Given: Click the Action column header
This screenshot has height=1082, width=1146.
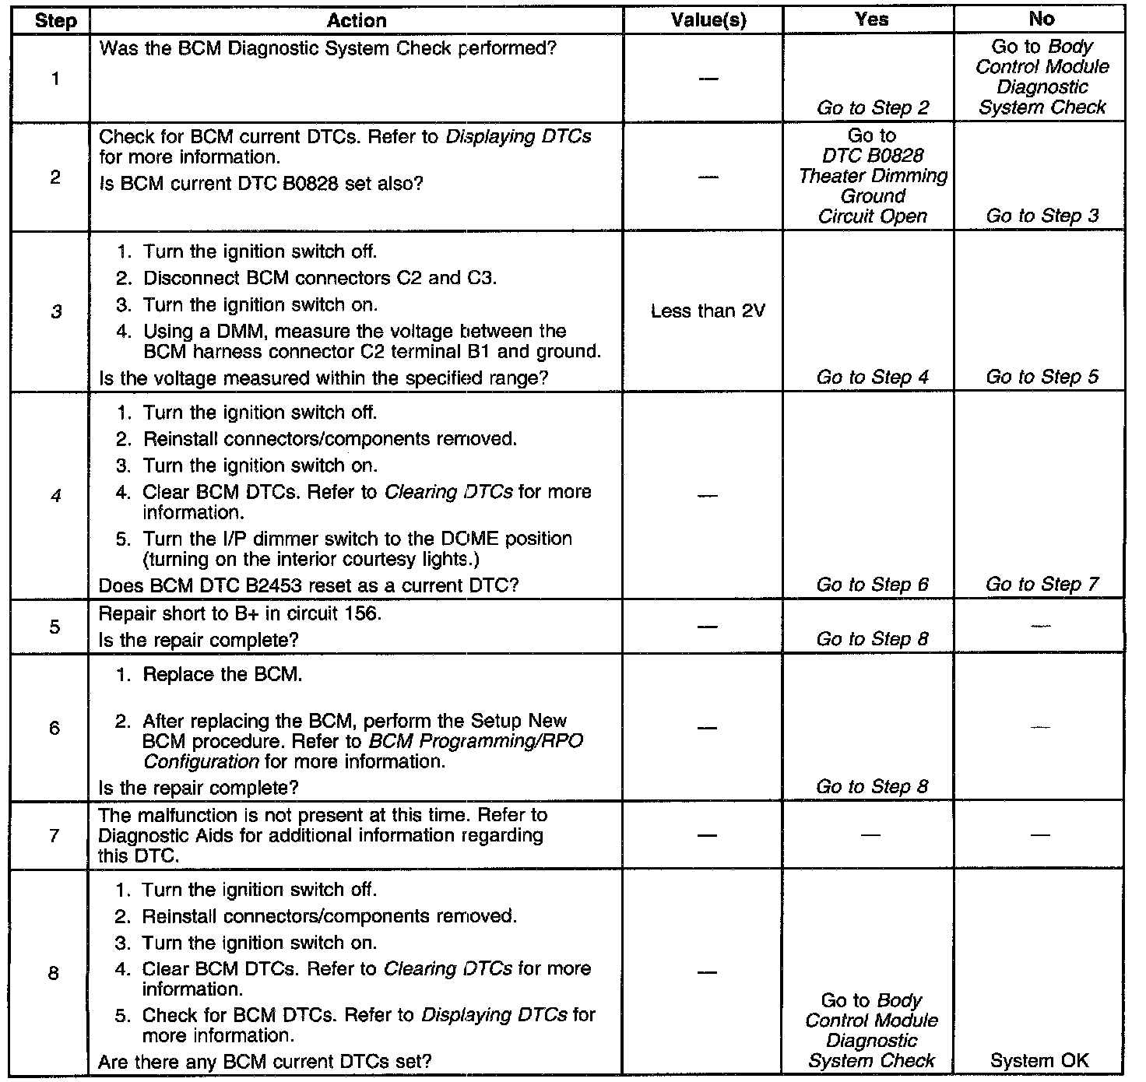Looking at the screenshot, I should click(x=357, y=21).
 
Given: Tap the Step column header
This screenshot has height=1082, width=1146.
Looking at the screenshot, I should click(x=56, y=21).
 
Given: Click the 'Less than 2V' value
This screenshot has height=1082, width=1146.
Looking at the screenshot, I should click(x=708, y=311).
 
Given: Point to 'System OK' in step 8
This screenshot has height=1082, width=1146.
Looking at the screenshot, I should click(x=1039, y=1060).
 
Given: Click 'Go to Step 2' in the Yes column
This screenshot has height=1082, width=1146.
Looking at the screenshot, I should click(x=872, y=108).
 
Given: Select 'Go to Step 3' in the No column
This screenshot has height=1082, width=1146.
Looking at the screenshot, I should click(x=1042, y=216).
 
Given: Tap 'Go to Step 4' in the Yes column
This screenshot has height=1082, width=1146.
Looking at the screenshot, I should click(x=872, y=378).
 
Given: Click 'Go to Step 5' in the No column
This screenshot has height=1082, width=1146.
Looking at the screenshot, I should click(x=1042, y=378).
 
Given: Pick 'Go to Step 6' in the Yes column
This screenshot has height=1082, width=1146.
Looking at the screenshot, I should click(x=872, y=585).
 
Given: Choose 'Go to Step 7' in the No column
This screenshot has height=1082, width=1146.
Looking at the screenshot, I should click(x=1042, y=585).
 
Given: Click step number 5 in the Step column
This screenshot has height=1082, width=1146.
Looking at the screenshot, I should click(x=54, y=627).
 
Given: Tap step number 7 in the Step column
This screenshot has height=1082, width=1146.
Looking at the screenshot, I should click(x=54, y=835).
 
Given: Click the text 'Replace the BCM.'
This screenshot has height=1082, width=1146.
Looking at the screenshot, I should click(x=222, y=675).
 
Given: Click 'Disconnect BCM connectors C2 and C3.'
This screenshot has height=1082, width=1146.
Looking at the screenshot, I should click(x=319, y=279).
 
